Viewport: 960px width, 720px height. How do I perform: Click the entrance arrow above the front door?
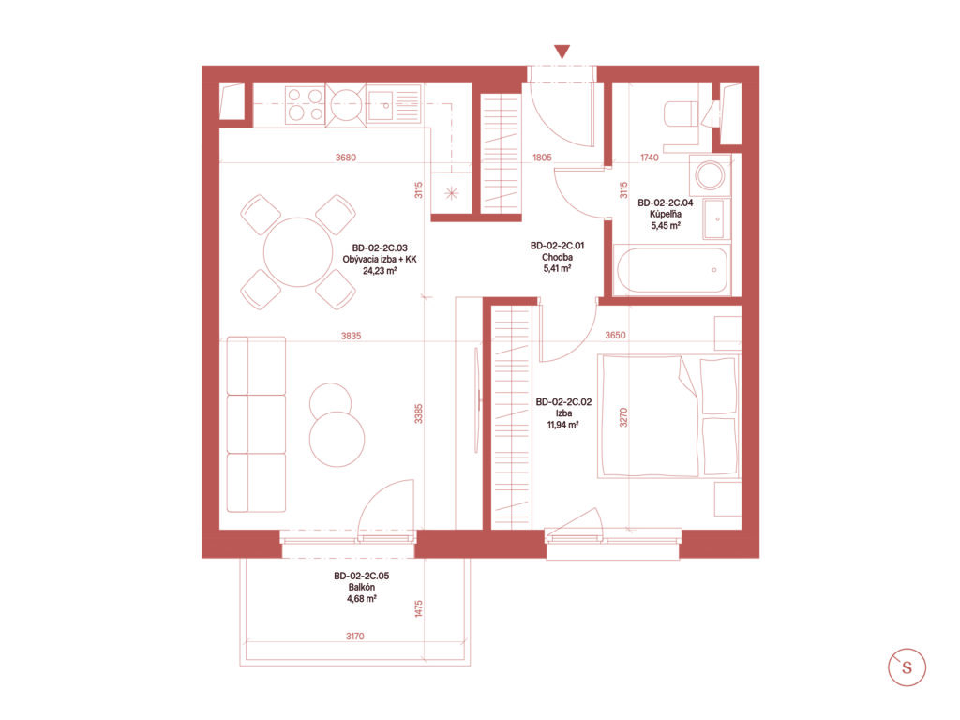point(562,52)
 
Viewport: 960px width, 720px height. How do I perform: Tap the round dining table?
point(298,251)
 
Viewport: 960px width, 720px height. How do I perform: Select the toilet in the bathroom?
point(681,113)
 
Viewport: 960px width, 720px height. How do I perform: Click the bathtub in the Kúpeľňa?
point(672,269)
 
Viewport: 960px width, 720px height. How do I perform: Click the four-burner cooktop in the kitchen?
point(305,105)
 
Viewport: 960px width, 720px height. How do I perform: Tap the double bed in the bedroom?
point(669,415)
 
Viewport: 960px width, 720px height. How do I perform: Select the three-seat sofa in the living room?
point(256,424)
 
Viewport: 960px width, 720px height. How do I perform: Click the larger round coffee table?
point(337,439)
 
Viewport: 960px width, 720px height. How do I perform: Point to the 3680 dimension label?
point(345,157)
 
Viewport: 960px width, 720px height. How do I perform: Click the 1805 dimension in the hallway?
point(542,157)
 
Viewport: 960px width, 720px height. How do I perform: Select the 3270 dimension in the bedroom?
point(623,417)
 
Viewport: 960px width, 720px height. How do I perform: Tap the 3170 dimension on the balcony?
point(355,637)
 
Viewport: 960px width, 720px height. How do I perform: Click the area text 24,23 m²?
point(380,270)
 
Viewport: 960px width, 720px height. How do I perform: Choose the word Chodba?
point(557,257)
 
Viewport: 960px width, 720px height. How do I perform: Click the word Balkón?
point(362,587)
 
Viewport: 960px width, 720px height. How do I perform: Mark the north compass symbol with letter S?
point(907,667)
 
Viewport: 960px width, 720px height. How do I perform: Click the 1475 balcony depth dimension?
point(419,608)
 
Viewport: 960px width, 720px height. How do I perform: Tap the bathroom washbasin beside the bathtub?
point(716,218)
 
